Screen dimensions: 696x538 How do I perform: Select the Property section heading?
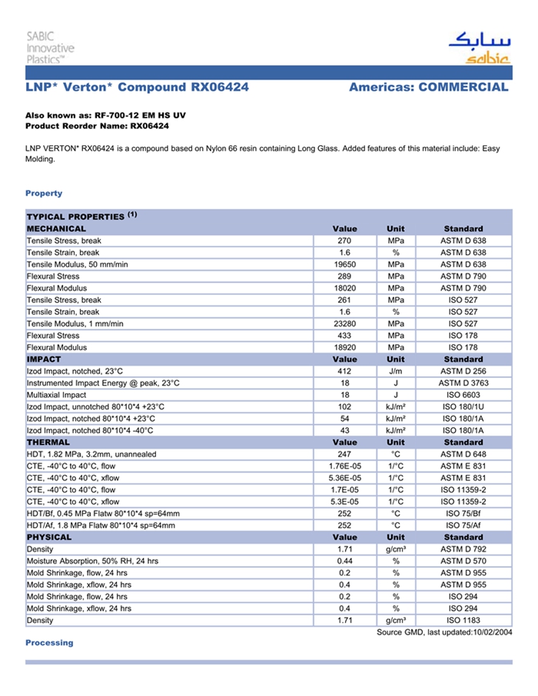[44, 193]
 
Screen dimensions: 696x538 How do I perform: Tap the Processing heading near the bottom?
[49, 642]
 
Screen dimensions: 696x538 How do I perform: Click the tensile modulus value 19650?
[344, 264]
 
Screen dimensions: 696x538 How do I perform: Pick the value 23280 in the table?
[344, 323]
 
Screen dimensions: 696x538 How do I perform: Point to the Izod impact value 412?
[344, 371]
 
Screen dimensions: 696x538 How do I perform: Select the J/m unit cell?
[396, 371]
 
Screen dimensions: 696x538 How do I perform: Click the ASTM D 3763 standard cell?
[463, 383]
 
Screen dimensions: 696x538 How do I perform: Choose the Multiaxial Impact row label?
[57, 395]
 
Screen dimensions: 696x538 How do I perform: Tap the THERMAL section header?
[48, 442]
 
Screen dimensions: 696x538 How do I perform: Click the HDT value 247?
[344, 454]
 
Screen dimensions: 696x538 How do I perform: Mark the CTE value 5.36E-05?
[344, 478]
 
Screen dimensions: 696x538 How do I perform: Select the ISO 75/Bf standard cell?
[463, 513]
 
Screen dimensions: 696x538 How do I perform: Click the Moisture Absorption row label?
[92, 561]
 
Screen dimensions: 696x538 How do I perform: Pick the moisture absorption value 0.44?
[344, 561]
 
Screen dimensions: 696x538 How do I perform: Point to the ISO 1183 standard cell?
[463, 620]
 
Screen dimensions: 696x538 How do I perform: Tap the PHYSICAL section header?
[49, 537]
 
